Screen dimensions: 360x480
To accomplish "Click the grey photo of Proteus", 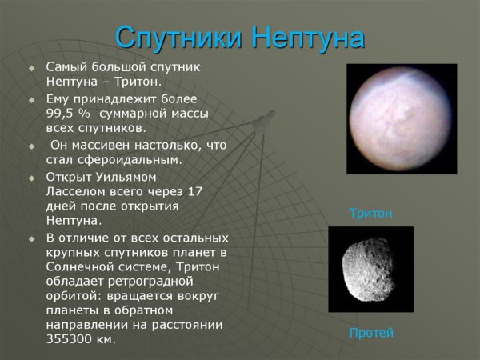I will (x=370, y=269).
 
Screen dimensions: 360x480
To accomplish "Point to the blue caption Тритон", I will (x=370, y=214).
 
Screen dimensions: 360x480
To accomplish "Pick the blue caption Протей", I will (x=371, y=333).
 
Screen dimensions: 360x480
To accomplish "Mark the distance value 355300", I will (x=70, y=339).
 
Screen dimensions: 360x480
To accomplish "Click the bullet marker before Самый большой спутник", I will (x=32, y=68).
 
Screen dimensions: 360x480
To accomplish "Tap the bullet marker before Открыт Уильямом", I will (x=32, y=178).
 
